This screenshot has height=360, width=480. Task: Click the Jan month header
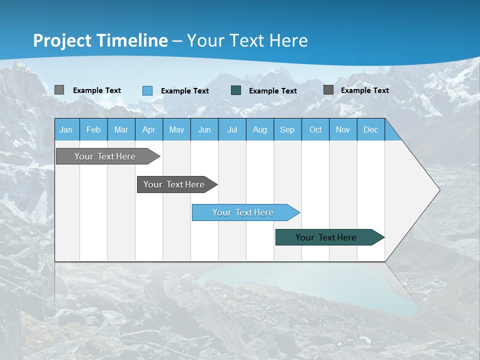pos(66,129)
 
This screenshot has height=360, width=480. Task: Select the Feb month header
pos(93,129)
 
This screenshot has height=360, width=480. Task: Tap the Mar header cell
pos(121,129)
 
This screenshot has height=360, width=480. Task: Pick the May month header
pos(176,129)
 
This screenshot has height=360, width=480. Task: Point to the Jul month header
pos(232,129)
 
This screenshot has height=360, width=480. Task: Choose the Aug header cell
pos(260,129)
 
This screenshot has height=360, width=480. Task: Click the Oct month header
pos(315,129)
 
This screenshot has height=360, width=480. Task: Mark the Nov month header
pos(343,129)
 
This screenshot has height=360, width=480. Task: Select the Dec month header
pos(370,129)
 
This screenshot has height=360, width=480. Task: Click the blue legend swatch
pos(147,90)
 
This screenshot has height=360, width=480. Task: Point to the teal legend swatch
pos(236,90)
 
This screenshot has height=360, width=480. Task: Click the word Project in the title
pos(62,40)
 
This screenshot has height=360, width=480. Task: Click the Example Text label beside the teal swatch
pos(272,91)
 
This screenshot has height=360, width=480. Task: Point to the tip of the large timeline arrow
pos(438,190)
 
